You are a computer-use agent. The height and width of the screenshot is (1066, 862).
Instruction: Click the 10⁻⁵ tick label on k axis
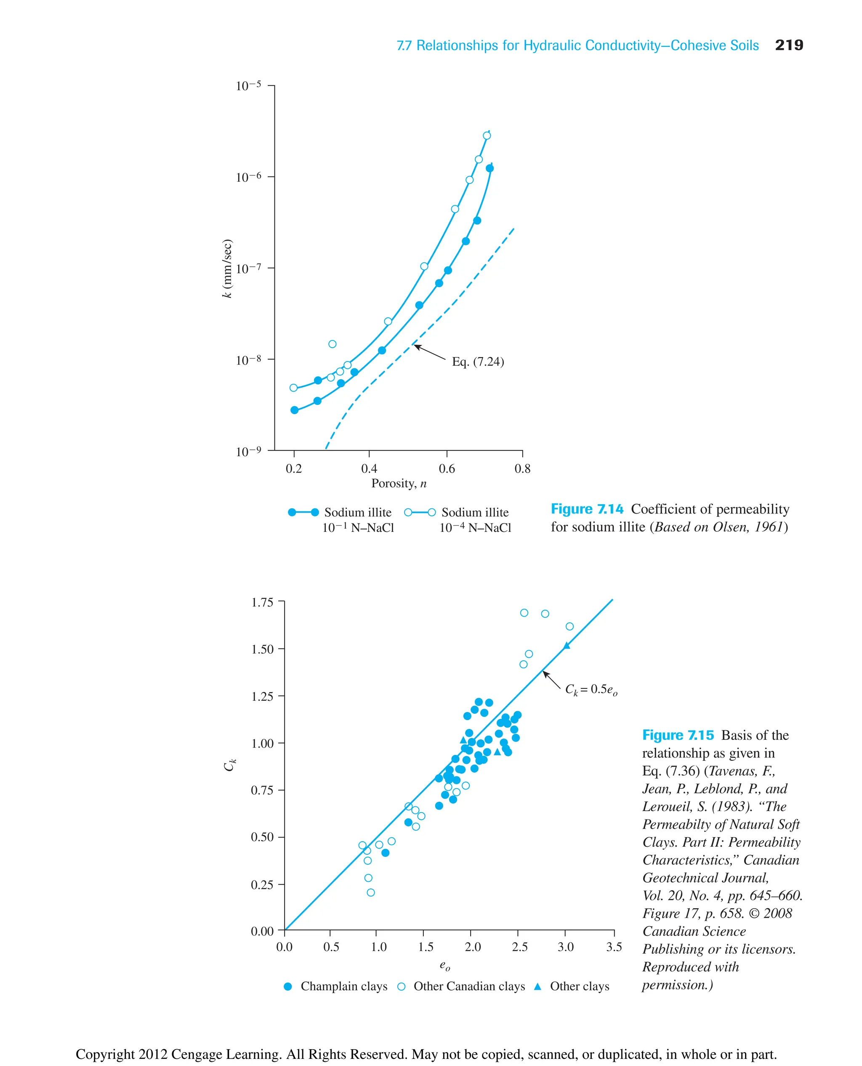tap(248, 86)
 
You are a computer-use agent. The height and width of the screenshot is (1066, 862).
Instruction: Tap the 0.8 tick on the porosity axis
tap(522, 469)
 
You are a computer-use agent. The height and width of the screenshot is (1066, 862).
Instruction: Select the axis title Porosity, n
tap(399, 484)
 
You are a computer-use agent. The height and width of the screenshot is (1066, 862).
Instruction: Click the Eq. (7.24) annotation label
tap(478, 362)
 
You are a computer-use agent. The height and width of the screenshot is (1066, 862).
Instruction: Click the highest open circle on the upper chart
tap(487, 136)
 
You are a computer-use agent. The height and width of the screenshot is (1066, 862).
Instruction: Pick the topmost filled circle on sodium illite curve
tap(490, 168)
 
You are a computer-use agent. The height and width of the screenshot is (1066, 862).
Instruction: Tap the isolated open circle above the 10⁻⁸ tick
tap(332, 344)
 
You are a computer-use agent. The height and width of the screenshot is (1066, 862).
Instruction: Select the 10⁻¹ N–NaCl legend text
tap(358, 528)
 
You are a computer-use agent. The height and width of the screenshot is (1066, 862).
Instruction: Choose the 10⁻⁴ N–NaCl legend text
tap(475, 528)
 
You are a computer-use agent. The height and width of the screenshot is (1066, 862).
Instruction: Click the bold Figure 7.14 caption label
tap(587, 509)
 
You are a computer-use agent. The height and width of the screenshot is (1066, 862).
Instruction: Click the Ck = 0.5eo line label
tap(591, 690)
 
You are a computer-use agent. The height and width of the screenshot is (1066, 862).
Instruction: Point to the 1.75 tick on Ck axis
tap(262, 602)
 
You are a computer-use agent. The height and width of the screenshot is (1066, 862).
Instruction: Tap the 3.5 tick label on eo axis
tap(614, 947)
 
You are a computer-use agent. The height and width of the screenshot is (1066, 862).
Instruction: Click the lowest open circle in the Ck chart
tap(370, 892)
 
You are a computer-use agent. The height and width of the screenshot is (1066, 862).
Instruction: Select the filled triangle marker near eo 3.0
tap(567, 646)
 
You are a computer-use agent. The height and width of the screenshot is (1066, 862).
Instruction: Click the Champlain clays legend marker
tap(287, 986)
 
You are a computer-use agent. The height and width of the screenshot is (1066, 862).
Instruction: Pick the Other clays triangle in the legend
tap(537, 986)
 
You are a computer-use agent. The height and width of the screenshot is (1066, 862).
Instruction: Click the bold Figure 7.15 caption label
tap(678, 735)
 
